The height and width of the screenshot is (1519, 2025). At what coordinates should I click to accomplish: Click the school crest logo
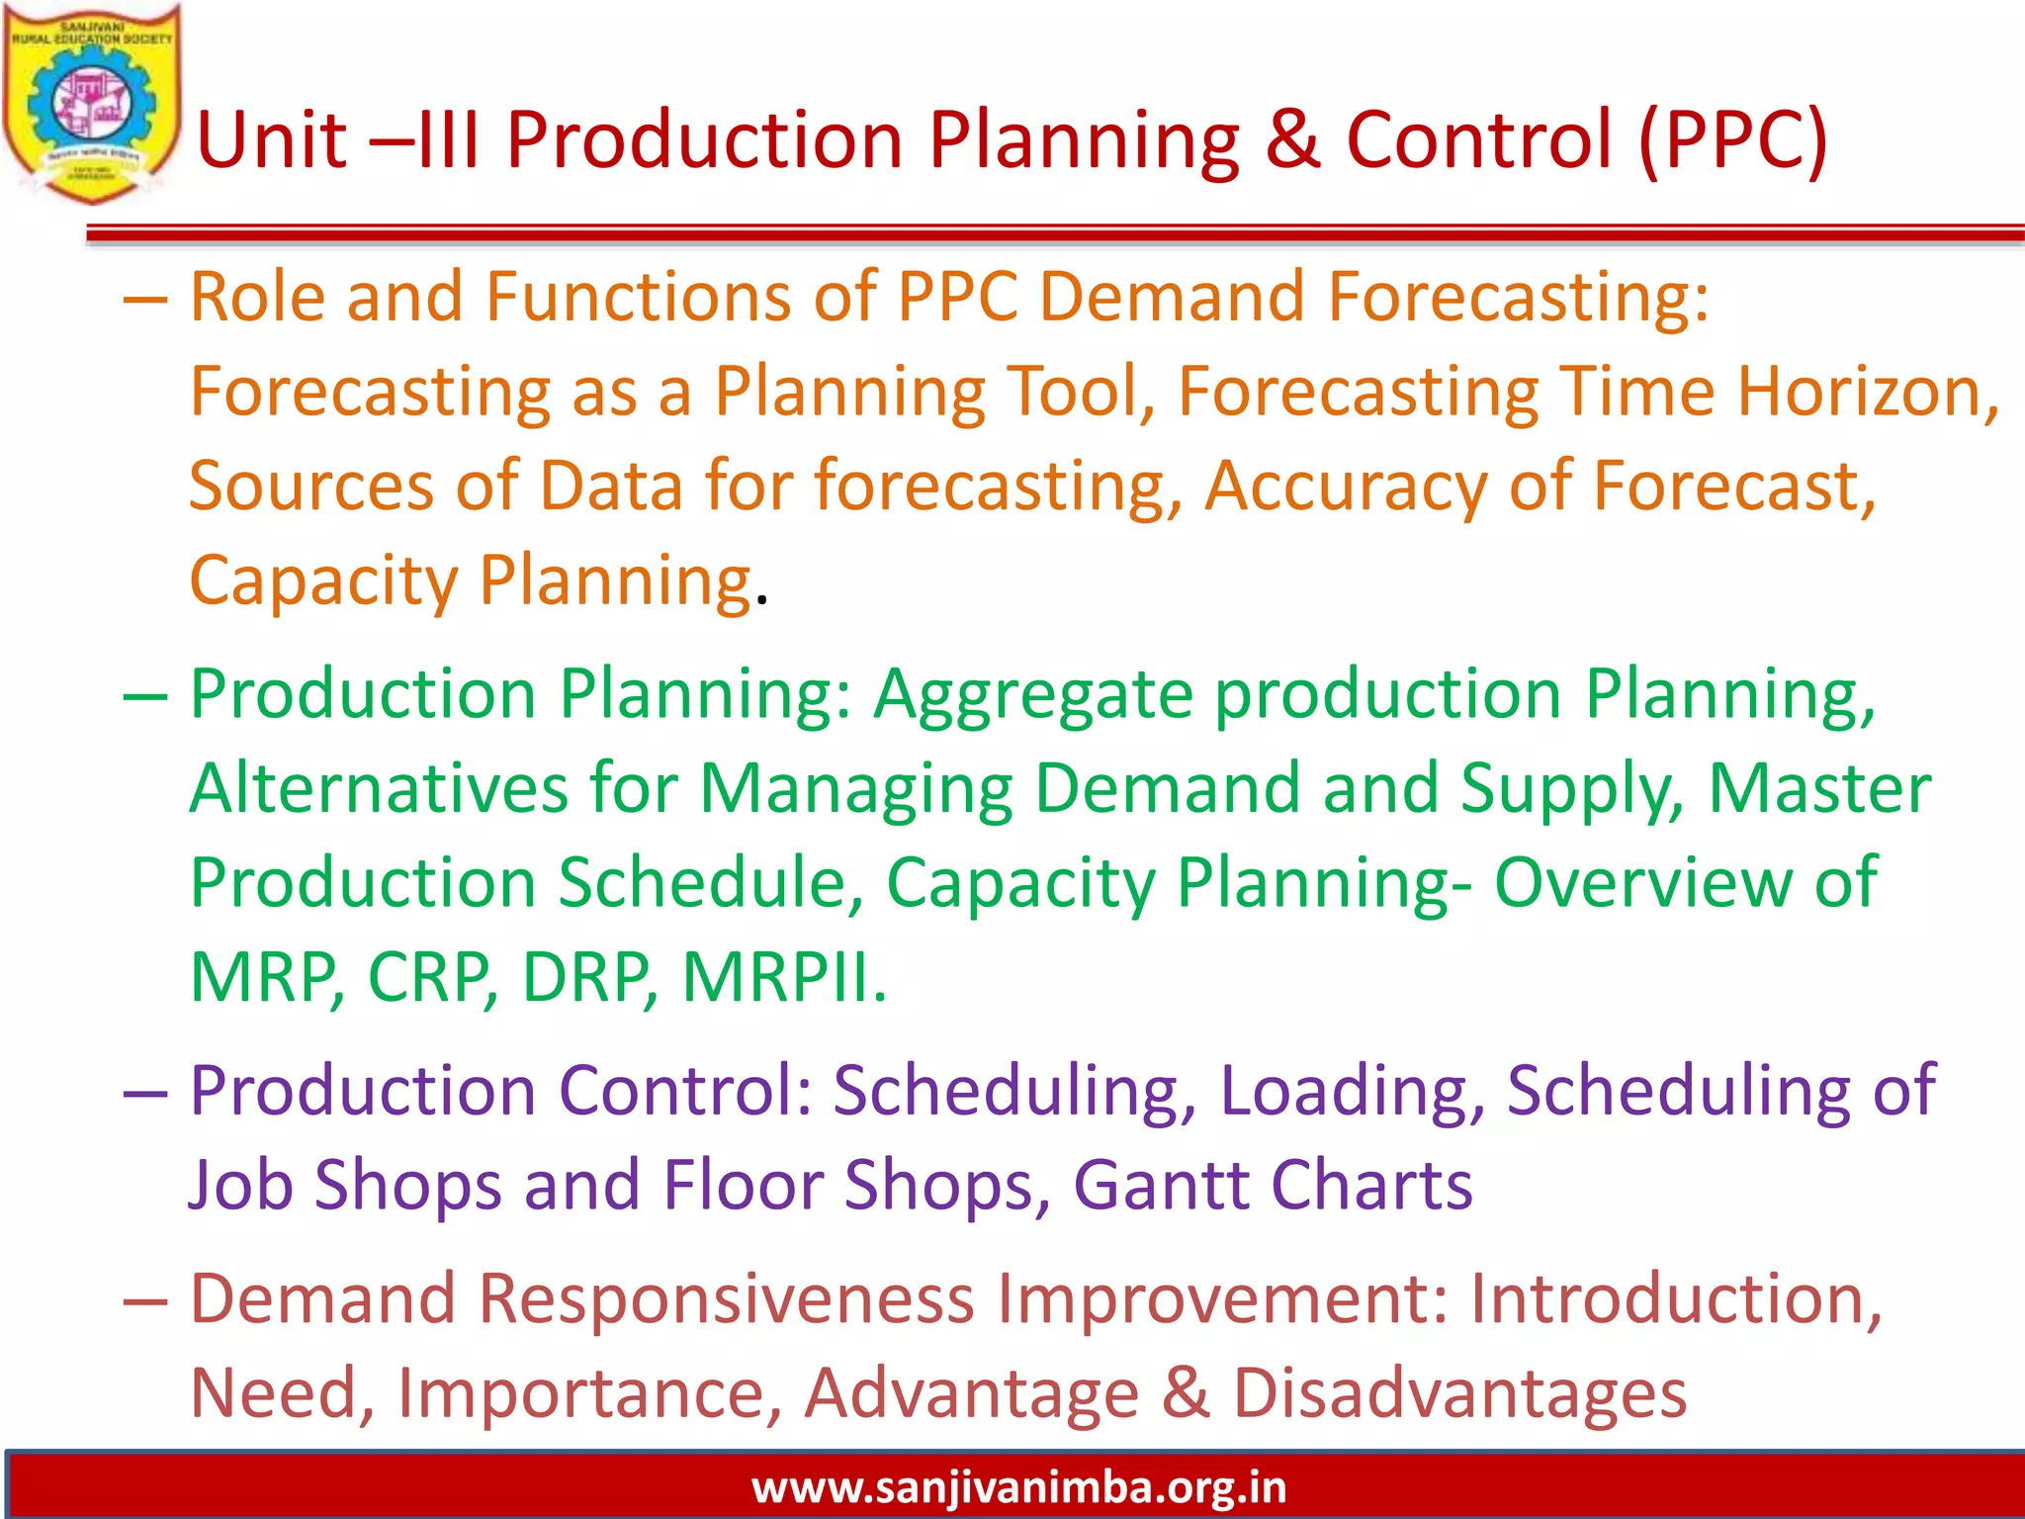[x=91, y=104]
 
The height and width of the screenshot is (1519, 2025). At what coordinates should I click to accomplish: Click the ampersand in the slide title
[x=1293, y=139]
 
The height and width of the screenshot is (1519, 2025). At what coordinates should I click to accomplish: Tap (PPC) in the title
[x=1731, y=141]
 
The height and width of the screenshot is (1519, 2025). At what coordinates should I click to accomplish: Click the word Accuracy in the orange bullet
[x=1345, y=488]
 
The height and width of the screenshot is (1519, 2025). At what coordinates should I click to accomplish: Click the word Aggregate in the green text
[x=1033, y=695]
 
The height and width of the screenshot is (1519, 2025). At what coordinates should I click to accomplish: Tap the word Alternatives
[x=379, y=788]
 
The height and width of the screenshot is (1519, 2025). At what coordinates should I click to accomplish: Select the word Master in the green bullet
[x=1819, y=788]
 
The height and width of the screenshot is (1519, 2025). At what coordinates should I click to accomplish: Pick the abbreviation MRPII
[x=783, y=977]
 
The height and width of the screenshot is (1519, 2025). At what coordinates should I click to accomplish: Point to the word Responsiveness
[x=727, y=1298]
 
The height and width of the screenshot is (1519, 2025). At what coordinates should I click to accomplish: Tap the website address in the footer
[x=1018, y=1487]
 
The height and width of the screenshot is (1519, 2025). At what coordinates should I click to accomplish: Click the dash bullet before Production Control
[x=145, y=1094]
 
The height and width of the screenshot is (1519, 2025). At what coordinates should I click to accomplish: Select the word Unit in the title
[x=271, y=139]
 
